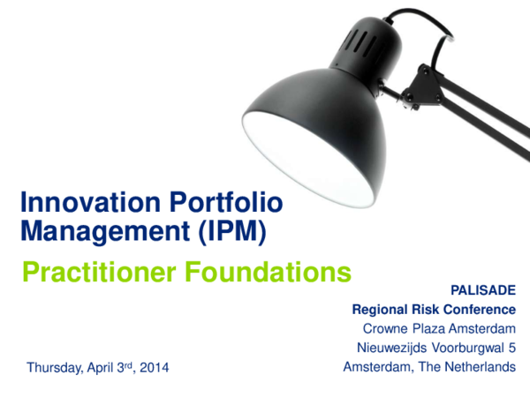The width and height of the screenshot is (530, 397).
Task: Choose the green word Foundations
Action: coord(271,273)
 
